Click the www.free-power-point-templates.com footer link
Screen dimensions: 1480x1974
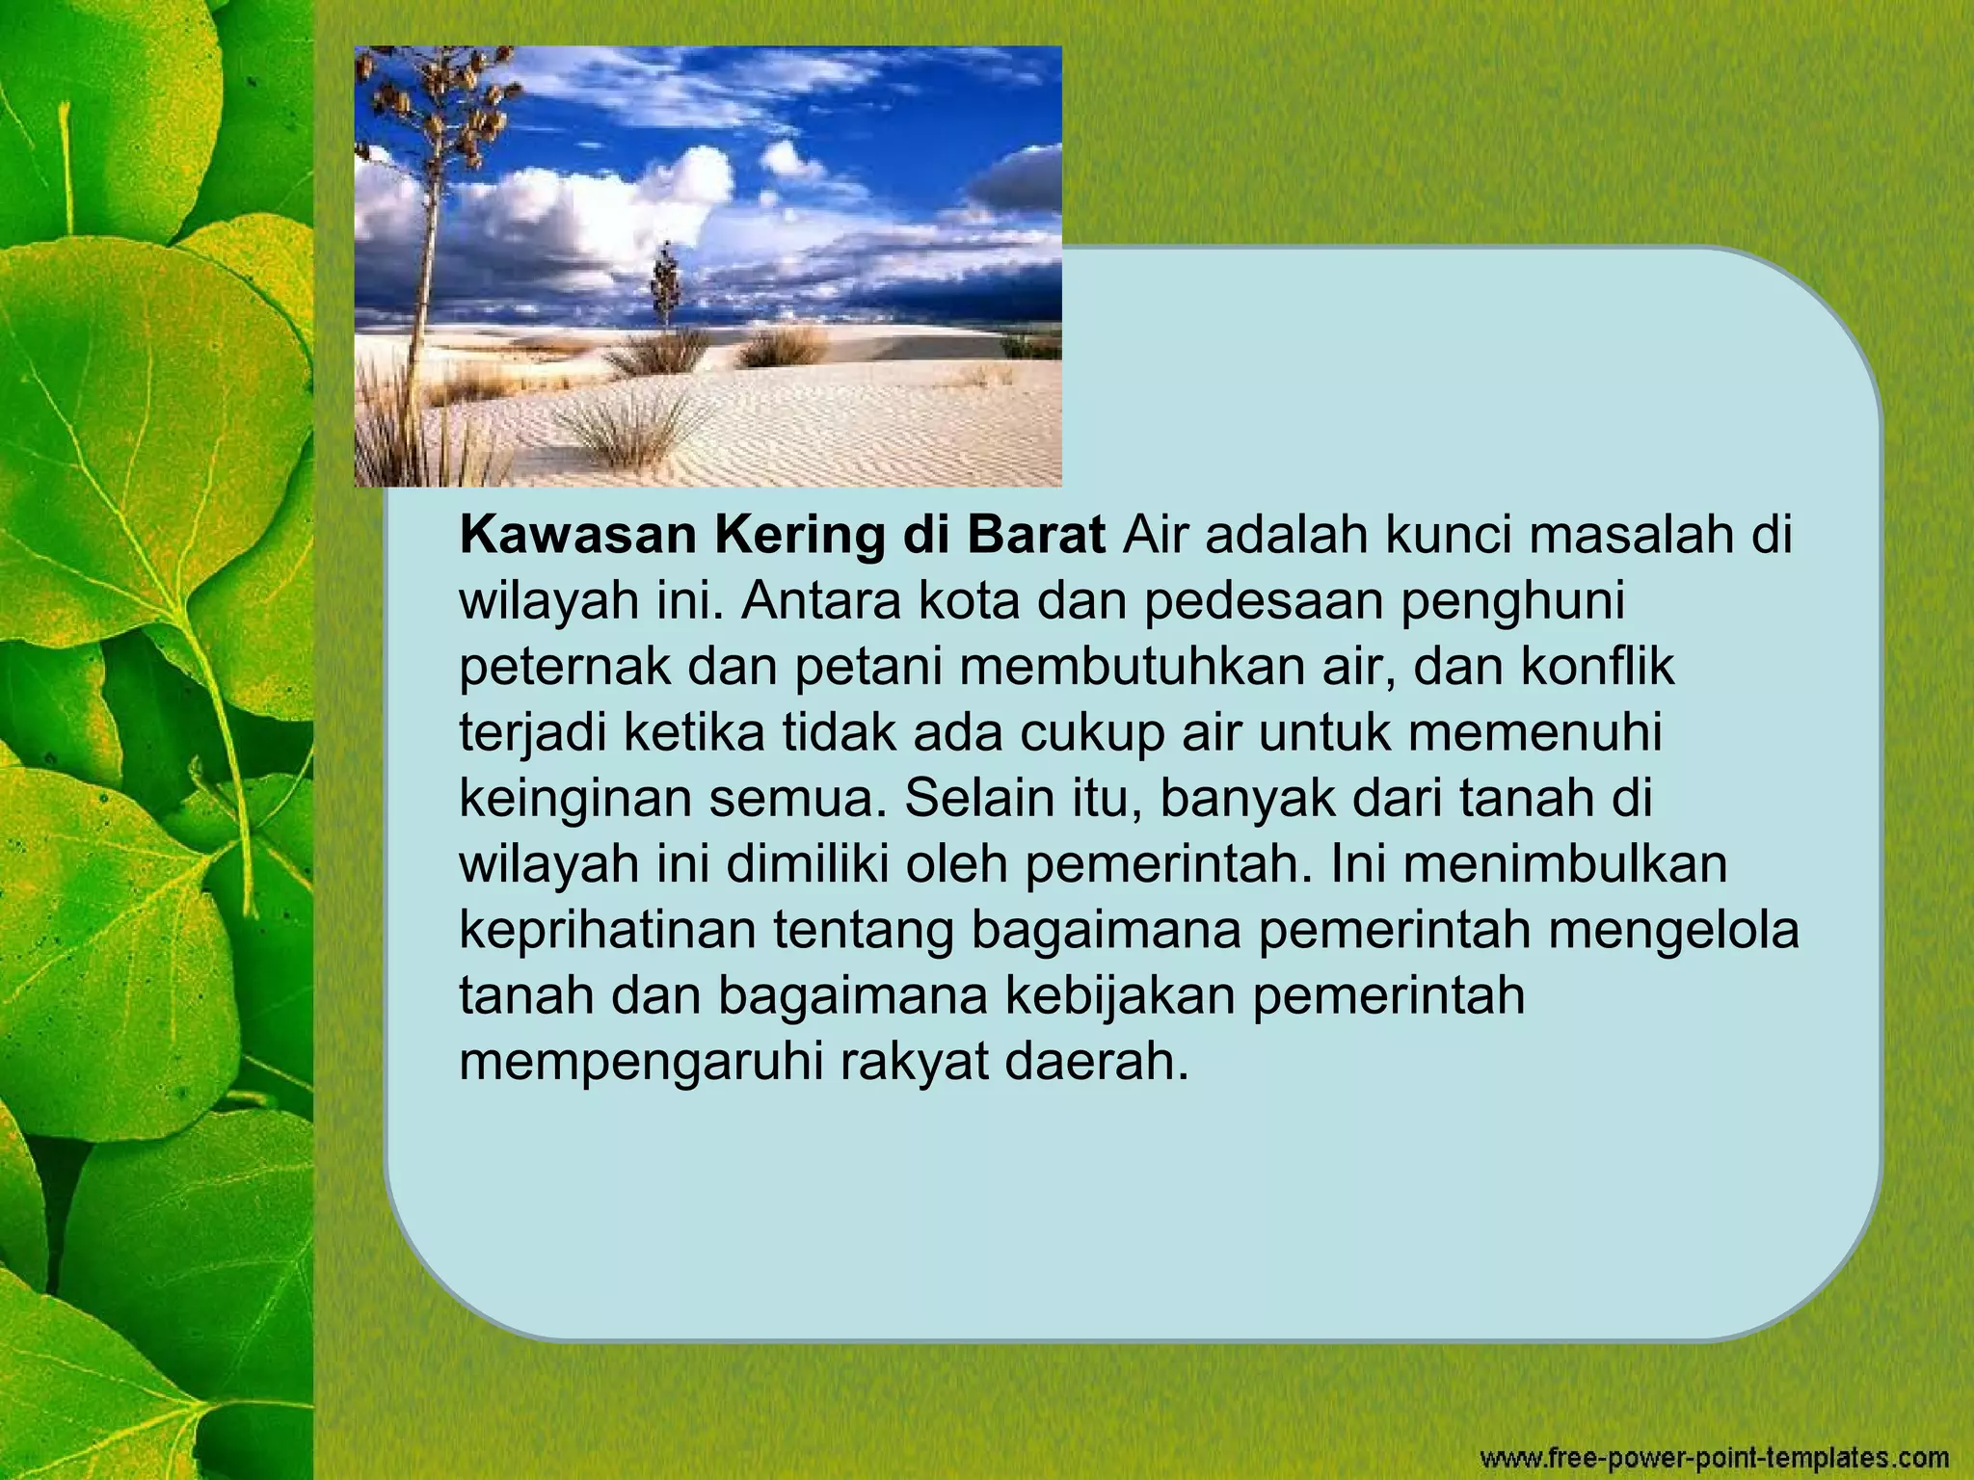tap(1715, 1457)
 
